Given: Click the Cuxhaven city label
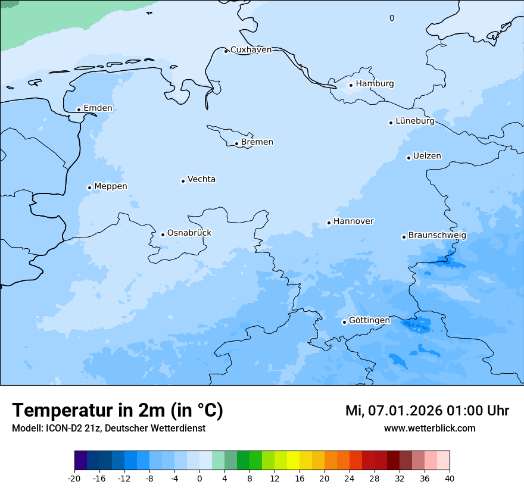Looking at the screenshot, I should [x=251, y=49].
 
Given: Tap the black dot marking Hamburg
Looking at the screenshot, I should [x=351, y=85].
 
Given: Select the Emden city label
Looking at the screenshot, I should [x=98, y=108].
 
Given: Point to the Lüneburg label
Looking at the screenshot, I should [x=415, y=121].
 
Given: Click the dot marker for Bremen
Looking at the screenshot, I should [x=236, y=143].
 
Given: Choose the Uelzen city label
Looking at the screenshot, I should [x=427, y=156].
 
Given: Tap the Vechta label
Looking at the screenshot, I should [x=201, y=179].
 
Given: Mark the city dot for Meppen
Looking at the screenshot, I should [x=89, y=187].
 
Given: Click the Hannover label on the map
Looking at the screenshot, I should [x=353, y=221].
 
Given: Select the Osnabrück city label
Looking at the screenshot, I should [x=189, y=233].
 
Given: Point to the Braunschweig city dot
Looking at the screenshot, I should [x=404, y=237].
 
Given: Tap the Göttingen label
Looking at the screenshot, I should [x=369, y=320].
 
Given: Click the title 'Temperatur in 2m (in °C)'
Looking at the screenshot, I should [x=117, y=410].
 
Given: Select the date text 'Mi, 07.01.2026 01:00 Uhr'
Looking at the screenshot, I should [x=427, y=411].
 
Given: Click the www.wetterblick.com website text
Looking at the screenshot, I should [x=429, y=428].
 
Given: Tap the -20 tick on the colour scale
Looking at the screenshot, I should [x=74, y=479].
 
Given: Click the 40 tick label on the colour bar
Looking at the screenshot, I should [x=450, y=479].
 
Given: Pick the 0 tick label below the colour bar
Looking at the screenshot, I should [x=199, y=479].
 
